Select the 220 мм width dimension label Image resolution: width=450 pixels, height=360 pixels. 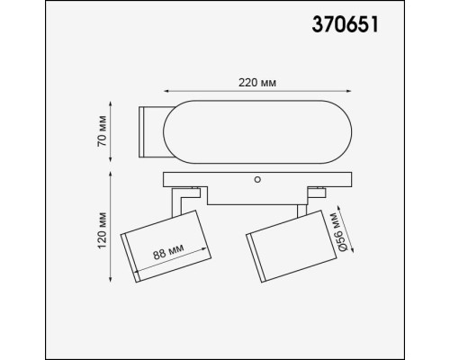pos(256,82)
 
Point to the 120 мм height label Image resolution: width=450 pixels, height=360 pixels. pos(104,228)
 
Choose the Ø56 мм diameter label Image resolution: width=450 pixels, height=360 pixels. pos(335,233)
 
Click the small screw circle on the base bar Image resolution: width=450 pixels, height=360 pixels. pos(258,180)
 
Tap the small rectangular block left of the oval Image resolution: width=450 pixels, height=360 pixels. pos(148,131)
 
